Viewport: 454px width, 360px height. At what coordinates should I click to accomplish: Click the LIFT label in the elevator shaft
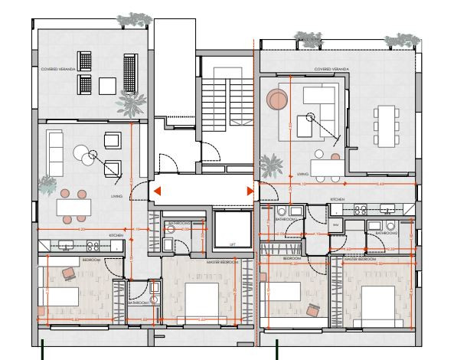(233, 244)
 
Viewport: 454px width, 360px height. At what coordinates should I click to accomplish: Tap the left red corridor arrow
(155, 191)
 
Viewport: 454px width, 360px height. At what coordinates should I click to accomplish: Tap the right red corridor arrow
(250, 191)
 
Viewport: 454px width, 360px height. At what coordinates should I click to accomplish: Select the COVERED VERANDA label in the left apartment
(57, 69)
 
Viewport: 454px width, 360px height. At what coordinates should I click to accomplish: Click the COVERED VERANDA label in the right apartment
(332, 69)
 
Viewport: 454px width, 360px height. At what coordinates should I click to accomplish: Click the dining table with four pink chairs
(73, 206)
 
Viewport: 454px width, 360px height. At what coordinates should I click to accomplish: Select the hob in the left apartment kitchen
(93, 246)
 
